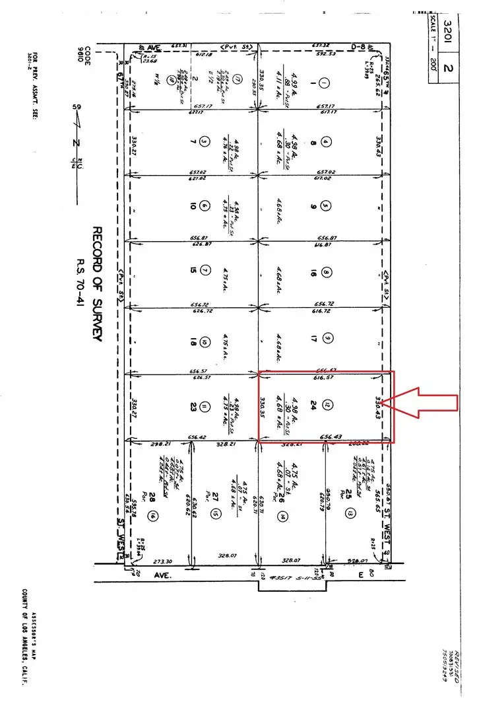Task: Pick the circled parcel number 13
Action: coord(350,513)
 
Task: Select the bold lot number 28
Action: coord(152,498)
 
